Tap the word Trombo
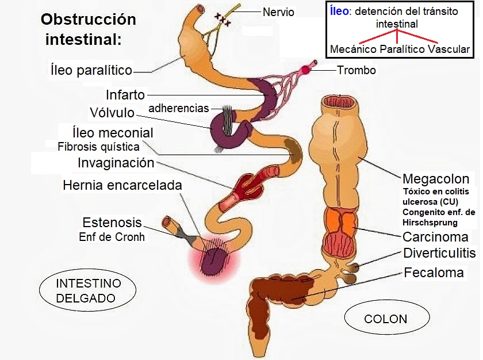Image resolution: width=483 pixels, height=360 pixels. point(356,71)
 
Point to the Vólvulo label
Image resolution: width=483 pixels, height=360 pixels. point(112,112)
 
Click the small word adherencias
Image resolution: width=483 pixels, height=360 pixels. point(179,108)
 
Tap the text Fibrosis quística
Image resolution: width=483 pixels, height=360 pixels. point(98,146)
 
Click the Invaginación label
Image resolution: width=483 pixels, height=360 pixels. point(116,163)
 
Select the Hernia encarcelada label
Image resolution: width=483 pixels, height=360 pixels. point(122,185)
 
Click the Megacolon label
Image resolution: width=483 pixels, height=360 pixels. point(436,179)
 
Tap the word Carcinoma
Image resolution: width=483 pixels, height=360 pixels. point(435,237)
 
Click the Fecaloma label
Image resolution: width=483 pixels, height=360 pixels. point(434,273)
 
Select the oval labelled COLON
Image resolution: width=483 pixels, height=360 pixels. point(386,319)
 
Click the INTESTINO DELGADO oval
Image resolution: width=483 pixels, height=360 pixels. point(88,291)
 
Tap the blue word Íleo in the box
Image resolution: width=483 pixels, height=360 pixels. point(339,12)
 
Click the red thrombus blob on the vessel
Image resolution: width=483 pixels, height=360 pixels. point(305,70)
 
